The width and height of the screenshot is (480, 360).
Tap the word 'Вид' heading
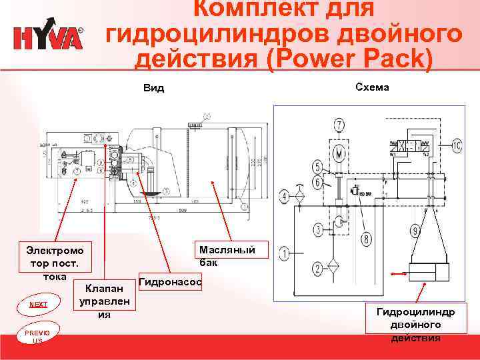point(154,89)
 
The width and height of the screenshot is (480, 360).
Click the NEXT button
point(38,304)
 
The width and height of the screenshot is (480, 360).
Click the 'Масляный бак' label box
point(227,256)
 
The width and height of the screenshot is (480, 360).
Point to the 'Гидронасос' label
point(169,283)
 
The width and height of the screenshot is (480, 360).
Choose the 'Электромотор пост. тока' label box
point(55,263)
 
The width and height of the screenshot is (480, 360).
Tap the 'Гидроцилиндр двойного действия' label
point(416,325)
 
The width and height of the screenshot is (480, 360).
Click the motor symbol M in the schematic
point(339,153)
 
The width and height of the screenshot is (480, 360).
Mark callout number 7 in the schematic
point(339,125)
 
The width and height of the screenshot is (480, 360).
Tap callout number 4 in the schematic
point(285,196)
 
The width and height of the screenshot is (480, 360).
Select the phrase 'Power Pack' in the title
point(349,59)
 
